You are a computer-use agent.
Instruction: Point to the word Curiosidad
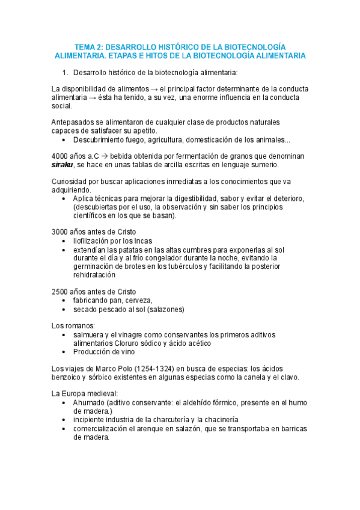[72, 181]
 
